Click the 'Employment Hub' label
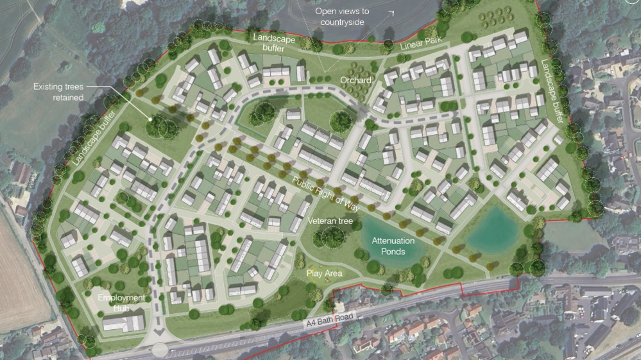pos(121,303)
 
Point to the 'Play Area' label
pos(325,273)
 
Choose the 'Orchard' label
pos(355,80)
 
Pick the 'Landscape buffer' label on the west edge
pos(94,139)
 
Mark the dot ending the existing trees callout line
pos(151,118)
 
